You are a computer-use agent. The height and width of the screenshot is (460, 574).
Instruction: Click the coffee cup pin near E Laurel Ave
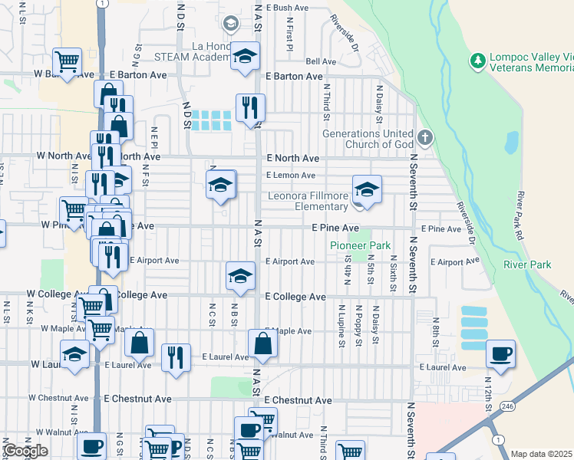tap(500, 353)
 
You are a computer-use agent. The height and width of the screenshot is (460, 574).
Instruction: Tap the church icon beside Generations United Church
tap(426, 139)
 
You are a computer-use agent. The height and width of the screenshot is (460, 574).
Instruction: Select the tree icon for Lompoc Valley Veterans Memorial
tap(477, 60)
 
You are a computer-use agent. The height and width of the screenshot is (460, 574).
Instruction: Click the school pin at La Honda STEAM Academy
tap(245, 56)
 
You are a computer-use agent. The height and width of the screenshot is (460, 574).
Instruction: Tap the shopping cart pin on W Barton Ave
tap(67, 61)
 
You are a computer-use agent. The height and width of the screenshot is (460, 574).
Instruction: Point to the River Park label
tap(527, 264)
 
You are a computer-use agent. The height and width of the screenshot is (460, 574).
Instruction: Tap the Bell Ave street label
tap(321, 61)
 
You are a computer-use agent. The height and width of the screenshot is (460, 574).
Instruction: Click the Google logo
tap(25, 451)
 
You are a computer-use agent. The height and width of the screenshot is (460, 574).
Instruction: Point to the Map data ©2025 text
tap(541, 454)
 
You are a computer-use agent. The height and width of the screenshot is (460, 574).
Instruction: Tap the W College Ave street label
tap(53, 294)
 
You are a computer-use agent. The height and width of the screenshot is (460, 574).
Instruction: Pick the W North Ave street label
tap(64, 156)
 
